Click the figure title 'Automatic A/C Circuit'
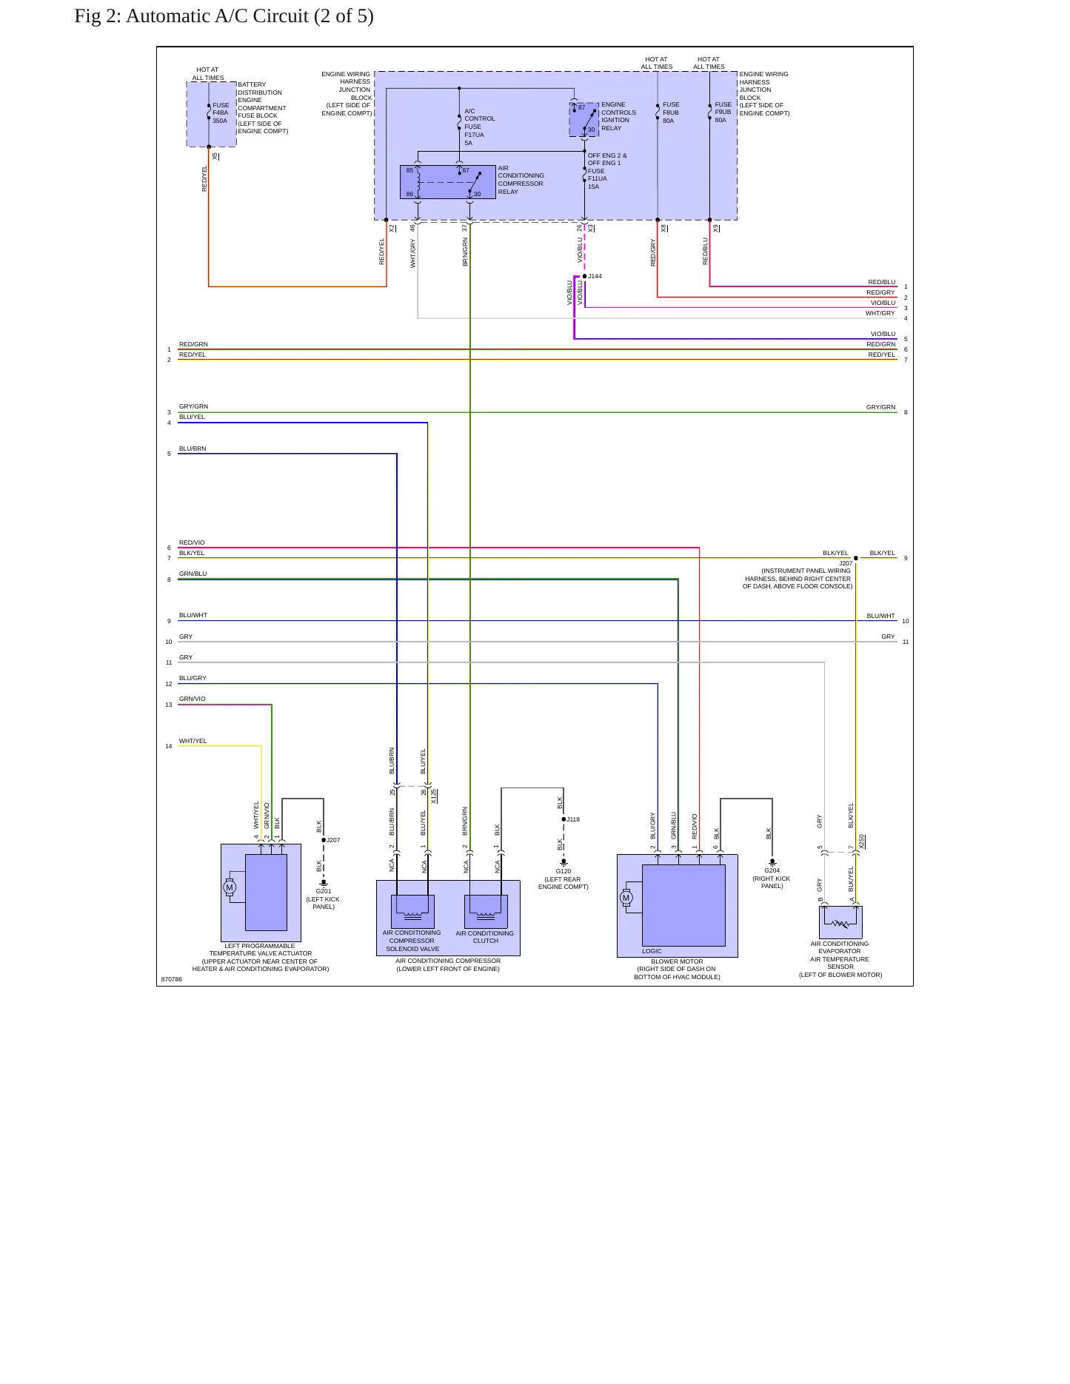217,16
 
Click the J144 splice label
595,276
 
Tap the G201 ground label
324,891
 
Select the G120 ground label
564,871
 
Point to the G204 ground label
772,870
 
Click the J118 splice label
573,819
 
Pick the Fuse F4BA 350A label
221,112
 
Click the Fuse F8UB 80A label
671,112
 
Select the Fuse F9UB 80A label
723,112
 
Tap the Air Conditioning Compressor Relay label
521,180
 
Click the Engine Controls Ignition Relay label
618,116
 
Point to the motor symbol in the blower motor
626,898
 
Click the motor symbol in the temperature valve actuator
230,887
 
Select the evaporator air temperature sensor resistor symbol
840,924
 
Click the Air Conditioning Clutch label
485,937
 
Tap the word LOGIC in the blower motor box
652,951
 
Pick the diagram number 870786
172,979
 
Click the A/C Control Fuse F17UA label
479,127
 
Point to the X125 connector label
434,796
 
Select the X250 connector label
862,842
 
